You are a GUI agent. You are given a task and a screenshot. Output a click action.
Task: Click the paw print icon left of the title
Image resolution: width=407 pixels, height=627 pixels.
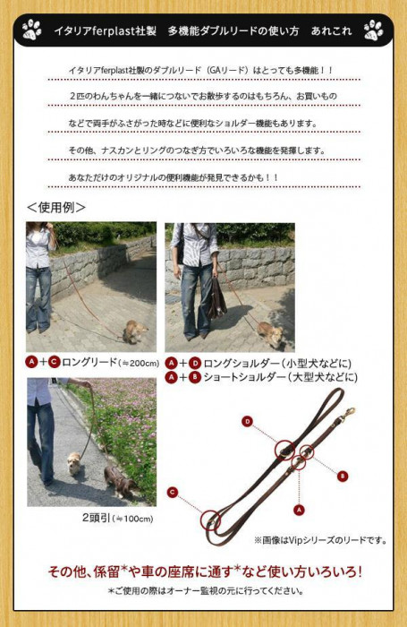(x=31, y=30)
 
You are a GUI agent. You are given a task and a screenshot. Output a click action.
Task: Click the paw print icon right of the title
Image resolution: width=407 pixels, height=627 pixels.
(x=373, y=30)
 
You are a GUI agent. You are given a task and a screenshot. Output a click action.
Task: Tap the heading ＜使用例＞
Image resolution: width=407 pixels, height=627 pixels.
(x=56, y=207)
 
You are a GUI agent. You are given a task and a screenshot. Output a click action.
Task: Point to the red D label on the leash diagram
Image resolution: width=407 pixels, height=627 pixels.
(x=248, y=422)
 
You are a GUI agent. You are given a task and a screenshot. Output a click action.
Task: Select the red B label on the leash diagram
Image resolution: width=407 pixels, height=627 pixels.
(x=343, y=476)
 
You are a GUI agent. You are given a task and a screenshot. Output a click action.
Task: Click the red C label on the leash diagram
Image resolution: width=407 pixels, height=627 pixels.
(x=172, y=492)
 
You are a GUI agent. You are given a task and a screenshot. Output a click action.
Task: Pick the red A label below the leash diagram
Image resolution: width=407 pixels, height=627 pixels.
(x=299, y=510)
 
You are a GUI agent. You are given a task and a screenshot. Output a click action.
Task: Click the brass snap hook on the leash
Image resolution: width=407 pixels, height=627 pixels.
(x=347, y=414)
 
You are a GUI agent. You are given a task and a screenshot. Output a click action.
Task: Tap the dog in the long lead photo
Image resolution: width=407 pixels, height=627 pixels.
(x=134, y=331)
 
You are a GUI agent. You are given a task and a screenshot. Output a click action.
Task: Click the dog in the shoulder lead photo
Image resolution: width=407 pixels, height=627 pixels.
(x=271, y=334)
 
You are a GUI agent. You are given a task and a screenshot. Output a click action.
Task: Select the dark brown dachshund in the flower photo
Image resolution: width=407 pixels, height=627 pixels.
(x=121, y=481)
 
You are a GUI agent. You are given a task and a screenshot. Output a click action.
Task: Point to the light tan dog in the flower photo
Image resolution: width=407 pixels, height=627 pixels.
(x=74, y=463)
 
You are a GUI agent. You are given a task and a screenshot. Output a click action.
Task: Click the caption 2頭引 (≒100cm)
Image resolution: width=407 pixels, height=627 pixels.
(x=117, y=519)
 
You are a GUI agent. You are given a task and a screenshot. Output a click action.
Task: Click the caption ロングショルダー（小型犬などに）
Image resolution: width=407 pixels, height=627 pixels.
(x=277, y=364)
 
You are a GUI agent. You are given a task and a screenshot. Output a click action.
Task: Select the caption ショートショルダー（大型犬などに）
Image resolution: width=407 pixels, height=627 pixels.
(x=280, y=377)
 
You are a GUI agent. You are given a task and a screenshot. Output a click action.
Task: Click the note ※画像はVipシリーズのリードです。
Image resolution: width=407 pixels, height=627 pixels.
(x=320, y=540)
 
